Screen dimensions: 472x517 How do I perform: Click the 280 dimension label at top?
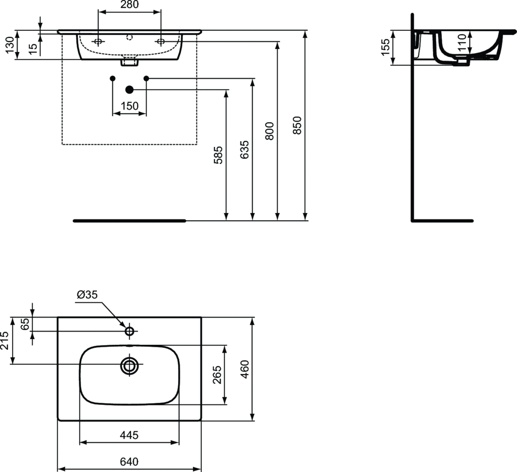coord(129,5)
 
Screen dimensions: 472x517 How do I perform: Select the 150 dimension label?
coord(129,106)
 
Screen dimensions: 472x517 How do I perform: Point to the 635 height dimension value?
coord(244,150)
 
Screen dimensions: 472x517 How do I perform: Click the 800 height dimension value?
coord(269,131)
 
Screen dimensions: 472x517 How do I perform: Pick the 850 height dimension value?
coord(297,125)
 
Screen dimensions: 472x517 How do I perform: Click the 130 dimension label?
coord(8,45)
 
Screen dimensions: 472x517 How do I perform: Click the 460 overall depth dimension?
coord(245,369)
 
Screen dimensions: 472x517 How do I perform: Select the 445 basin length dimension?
coord(130,435)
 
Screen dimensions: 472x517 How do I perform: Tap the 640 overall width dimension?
coord(130,461)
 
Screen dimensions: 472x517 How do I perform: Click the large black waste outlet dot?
coord(129,90)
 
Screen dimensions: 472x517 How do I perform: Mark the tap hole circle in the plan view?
coord(129,331)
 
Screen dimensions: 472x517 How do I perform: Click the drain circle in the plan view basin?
coord(130,365)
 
